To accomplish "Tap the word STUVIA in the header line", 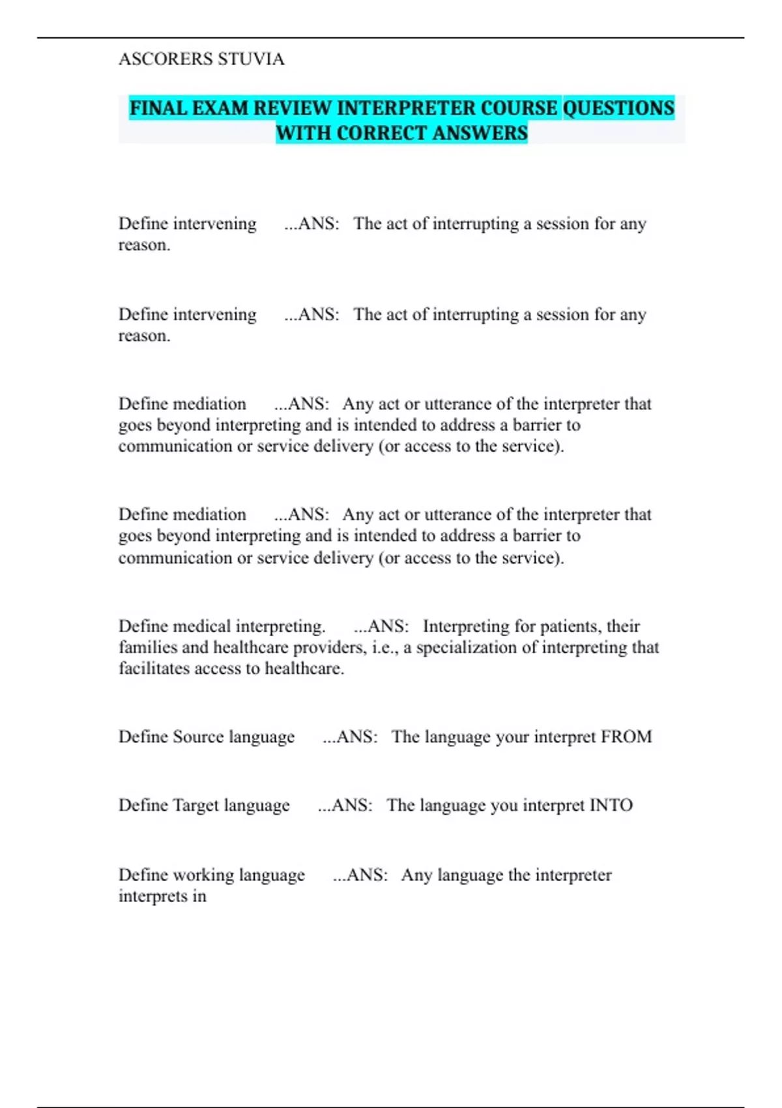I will click(x=251, y=59).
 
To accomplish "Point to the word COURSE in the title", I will click(x=519, y=108).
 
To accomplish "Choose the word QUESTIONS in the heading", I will click(x=618, y=108).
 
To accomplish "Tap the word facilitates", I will click(x=154, y=669).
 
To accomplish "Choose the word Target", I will click(x=195, y=806).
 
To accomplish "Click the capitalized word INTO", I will click(x=611, y=806).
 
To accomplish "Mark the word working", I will click(x=203, y=875).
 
